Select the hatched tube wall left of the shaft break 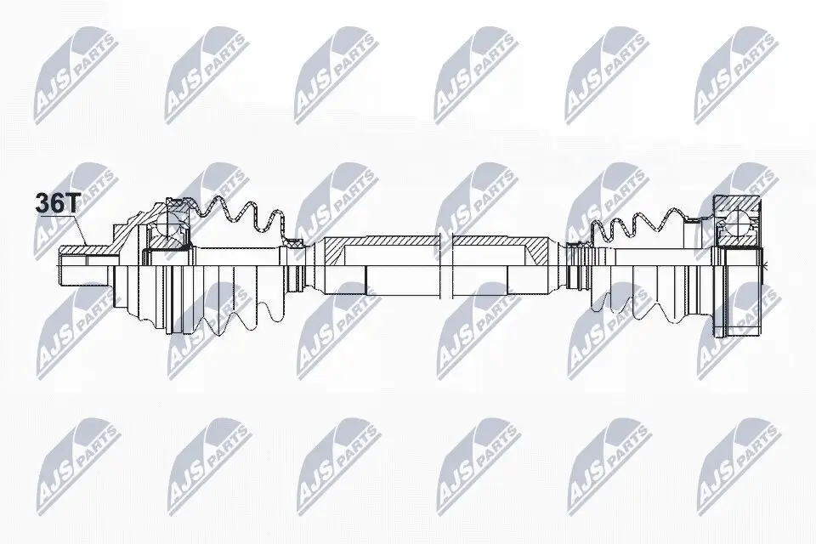(382, 243)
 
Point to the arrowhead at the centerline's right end (765, 266)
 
